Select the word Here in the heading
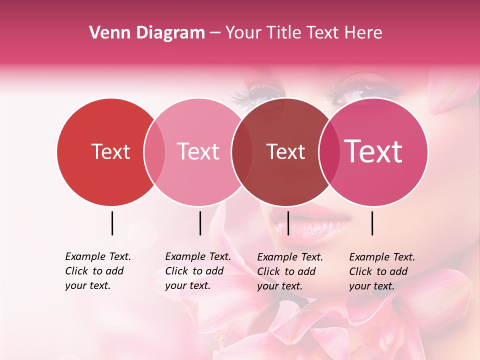click(364, 33)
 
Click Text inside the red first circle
click(110, 151)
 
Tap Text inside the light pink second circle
click(198, 151)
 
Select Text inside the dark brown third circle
click(285, 151)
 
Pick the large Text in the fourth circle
click(373, 151)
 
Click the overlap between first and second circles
click(154, 152)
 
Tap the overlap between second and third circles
click(241, 152)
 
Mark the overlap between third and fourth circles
click(327, 152)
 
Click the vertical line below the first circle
click(112, 223)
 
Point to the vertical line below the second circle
click(200, 223)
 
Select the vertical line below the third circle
click(288, 223)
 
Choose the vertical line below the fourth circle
click(372, 223)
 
